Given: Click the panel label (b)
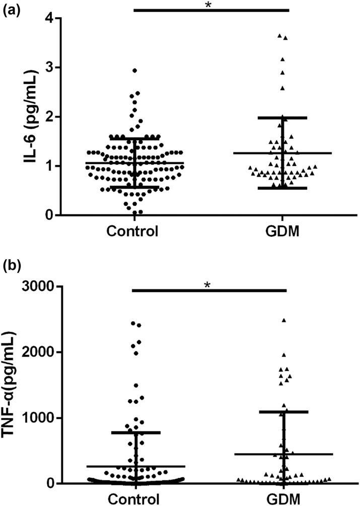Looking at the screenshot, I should [x=11, y=265].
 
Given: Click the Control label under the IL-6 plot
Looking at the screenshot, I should [x=133, y=232].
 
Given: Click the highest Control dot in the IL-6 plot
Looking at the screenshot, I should [x=135, y=70].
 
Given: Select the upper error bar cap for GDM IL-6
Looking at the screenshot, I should [x=282, y=118].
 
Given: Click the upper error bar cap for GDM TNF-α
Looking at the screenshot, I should [x=283, y=412].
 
